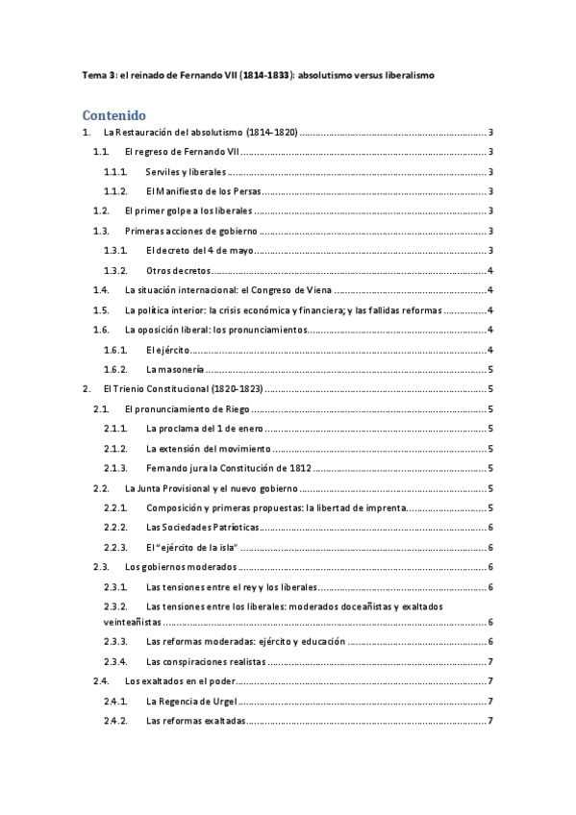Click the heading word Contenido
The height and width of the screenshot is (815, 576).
(x=114, y=114)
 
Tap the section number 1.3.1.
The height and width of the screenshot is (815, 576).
(x=116, y=251)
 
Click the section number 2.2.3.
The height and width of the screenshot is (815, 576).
(x=116, y=547)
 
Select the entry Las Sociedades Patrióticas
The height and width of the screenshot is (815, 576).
(x=202, y=527)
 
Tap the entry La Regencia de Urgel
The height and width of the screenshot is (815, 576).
(x=191, y=702)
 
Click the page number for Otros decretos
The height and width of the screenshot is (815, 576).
(x=490, y=271)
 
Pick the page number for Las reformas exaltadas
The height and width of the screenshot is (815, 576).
(x=490, y=721)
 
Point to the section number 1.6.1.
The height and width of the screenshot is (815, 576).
(x=116, y=349)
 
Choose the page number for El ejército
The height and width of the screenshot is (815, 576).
(x=490, y=349)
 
